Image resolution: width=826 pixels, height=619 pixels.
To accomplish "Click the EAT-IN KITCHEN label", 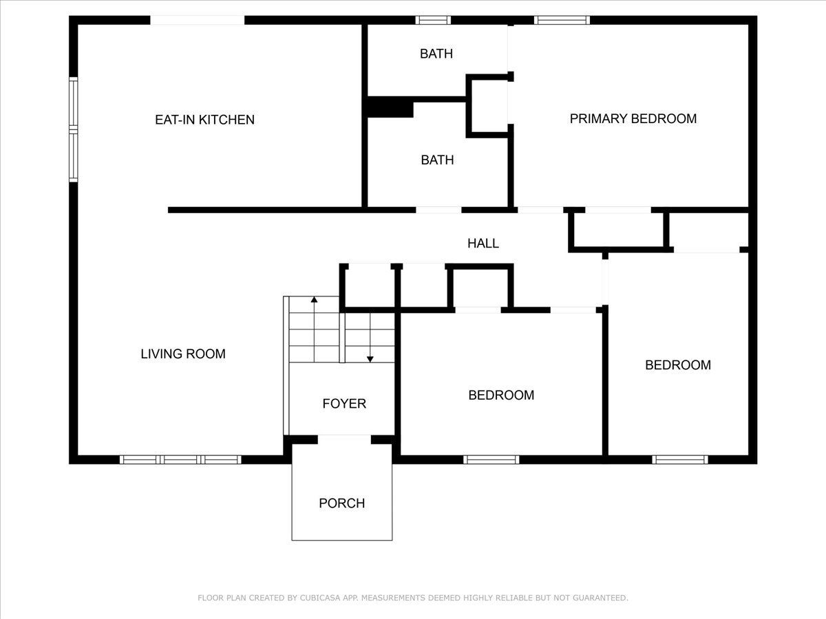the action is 204,120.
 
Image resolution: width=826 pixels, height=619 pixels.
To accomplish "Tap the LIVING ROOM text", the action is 183,354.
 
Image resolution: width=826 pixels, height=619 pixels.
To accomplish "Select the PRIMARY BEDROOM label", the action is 633,119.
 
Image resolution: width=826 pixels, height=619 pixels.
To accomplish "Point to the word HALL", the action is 483,243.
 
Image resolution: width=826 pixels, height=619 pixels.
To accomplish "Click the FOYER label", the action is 344,404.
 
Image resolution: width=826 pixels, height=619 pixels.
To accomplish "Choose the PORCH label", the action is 341,503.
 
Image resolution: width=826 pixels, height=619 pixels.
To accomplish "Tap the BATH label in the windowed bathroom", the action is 436,54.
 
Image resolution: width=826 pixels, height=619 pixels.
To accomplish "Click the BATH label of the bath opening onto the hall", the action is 437,160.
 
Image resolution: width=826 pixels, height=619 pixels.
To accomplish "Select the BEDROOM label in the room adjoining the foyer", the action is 501,395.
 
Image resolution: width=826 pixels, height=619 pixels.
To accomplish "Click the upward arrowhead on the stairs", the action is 314,300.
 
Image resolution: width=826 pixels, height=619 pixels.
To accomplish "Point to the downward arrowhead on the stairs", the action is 370,359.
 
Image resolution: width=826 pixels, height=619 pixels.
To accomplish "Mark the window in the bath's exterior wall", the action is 433,21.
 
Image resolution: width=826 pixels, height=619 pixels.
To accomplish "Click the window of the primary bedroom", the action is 562,21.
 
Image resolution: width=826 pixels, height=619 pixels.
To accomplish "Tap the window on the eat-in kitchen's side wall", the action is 74,130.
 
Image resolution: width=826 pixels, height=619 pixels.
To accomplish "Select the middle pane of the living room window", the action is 180,459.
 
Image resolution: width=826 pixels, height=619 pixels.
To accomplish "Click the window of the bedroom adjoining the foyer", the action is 491,459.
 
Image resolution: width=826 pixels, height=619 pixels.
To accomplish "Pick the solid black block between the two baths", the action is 390,107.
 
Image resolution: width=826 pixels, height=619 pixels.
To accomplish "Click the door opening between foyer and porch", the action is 344,439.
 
